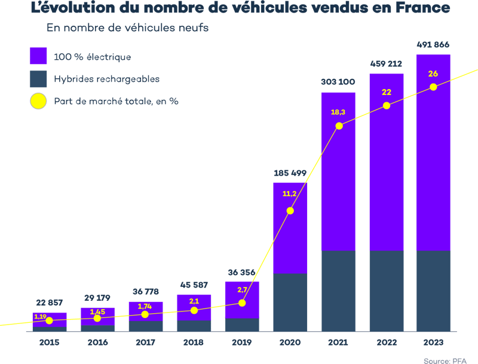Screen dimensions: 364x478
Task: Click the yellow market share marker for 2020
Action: point(290,210)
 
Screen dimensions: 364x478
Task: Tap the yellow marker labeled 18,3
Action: point(339,126)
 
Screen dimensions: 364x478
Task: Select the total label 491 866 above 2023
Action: point(433,45)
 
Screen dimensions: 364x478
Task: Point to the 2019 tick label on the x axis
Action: point(242,342)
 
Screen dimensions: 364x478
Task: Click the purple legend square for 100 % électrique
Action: point(38,56)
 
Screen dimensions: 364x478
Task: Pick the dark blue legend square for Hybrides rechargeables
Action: point(38,79)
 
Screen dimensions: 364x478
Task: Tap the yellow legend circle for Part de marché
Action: point(38,101)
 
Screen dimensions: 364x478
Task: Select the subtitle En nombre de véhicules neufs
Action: point(127,28)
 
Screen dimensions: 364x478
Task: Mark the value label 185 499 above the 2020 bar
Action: point(290,173)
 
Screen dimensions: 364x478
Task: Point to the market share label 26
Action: point(433,74)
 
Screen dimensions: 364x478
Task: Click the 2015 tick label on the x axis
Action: point(49,342)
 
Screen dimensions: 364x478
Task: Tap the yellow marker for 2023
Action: point(433,87)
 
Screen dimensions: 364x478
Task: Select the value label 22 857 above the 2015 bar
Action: point(48,303)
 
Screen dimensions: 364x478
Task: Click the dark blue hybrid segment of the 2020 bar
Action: point(290,302)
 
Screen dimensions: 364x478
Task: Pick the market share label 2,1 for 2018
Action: point(194,301)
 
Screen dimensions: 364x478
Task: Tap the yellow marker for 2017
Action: point(145,314)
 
